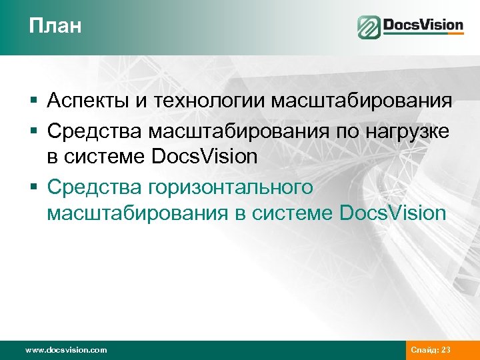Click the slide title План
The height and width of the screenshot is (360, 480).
(x=55, y=27)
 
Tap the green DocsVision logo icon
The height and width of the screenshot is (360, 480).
(x=368, y=27)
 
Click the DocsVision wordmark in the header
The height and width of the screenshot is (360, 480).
(x=423, y=26)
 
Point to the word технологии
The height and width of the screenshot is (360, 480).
(x=208, y=101)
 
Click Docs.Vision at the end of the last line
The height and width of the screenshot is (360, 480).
(x=393, y=213)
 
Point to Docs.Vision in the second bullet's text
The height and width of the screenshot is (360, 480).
(x=205, y=157)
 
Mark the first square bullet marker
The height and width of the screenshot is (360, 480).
(x=33, y=103)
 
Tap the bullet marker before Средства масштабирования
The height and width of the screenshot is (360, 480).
(x=33, y=131)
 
